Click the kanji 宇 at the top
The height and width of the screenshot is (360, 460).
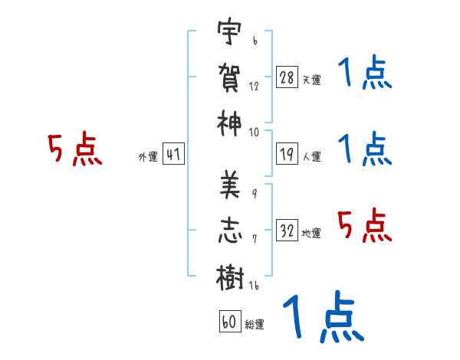(229, 31)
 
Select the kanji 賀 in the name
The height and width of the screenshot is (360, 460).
(229, 77)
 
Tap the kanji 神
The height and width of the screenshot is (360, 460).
(229, 123)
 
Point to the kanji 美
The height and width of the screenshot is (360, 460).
(230, 185)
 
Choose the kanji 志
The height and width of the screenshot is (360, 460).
(230, 231)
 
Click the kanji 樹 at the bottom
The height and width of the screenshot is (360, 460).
(230, 277)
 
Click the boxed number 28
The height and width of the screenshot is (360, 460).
(287, 77)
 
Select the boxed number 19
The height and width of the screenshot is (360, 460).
(287, 154)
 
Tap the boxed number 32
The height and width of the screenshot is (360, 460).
(287, 230)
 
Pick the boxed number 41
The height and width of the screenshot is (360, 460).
(173, 154)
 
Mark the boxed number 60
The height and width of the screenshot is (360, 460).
(230, 321)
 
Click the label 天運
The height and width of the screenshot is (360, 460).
(312, 80)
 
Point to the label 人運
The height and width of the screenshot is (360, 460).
(312, 156)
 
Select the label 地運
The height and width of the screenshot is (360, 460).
(311, 233)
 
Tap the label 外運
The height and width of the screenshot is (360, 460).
(148, 156)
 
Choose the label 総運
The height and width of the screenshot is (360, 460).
(255, 324)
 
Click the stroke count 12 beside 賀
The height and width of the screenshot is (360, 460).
(254, 87)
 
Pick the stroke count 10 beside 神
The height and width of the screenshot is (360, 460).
(254, 133)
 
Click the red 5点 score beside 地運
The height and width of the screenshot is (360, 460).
(365, 225)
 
